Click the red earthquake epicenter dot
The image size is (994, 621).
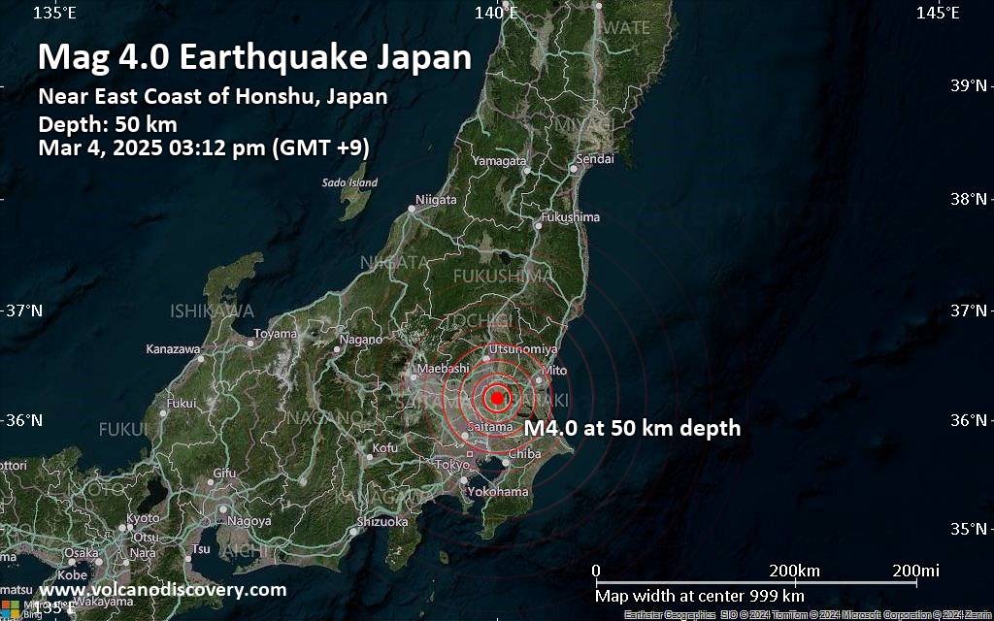[497, 397]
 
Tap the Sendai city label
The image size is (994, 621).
[595, 158]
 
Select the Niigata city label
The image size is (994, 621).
[436, 200]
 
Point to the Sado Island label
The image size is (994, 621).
[349, 182]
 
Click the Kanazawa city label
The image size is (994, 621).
[173, 348]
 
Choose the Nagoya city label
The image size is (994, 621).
[251, 521]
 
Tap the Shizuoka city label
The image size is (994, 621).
[382, 521]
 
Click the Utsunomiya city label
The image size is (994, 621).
[523, 348]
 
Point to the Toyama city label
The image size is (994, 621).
[275, 334]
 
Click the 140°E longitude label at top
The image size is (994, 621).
[496, 13]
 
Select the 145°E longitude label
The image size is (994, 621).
[938, 13]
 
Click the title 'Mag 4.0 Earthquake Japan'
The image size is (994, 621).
[254, 57]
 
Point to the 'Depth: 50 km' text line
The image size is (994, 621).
[107, 124]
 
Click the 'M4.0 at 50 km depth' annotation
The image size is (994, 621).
[632, 428]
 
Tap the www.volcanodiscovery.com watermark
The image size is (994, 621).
[163, 589]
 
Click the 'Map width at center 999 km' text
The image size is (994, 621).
[700, 595]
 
